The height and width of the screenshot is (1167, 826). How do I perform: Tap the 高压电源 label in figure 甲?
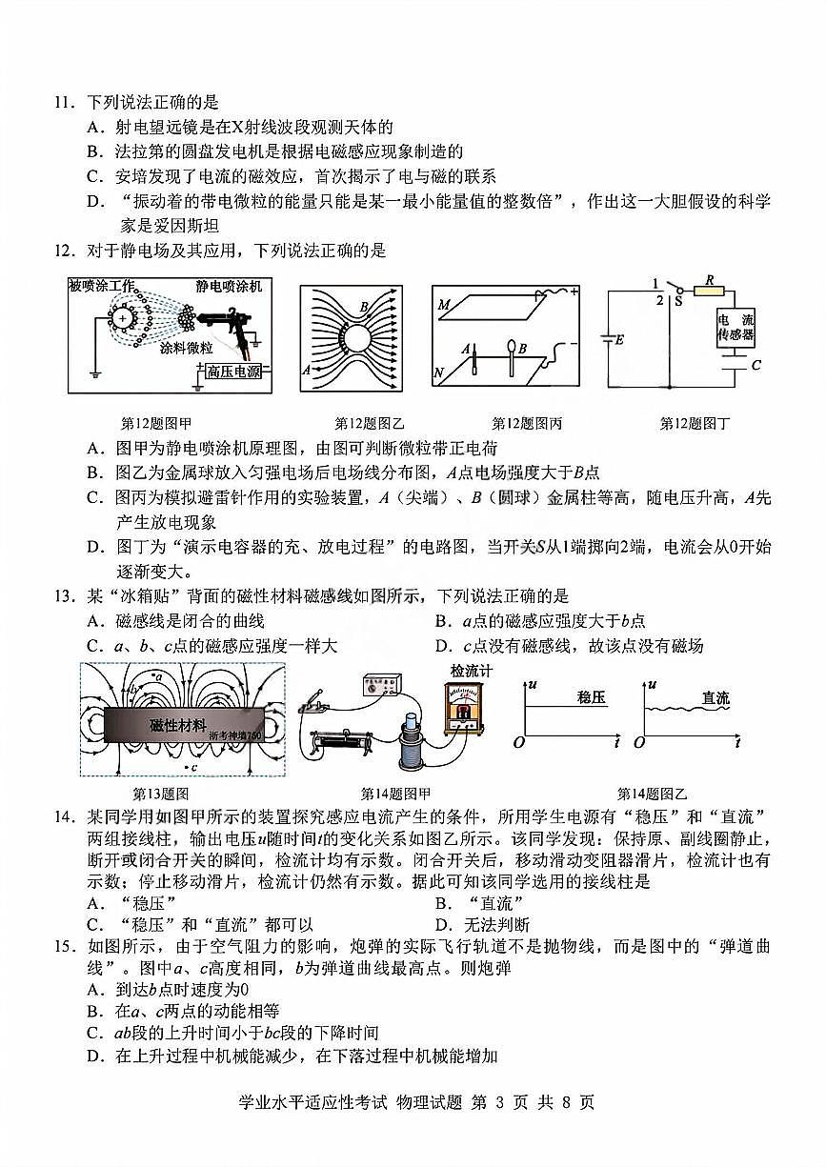[x=233, y=372]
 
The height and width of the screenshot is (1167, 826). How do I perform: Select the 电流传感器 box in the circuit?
[x=735, y=328]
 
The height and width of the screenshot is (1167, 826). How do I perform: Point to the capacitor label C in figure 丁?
[x=756, y=365]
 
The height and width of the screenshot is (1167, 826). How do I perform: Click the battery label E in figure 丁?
[x=620, y=340]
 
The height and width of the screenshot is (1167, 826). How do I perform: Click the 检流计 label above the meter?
[x=471, y=671]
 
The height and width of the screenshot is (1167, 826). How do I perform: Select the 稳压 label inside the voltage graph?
[x=591, y=698]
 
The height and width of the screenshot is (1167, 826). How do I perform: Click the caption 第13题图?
[x=159, y=794]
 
